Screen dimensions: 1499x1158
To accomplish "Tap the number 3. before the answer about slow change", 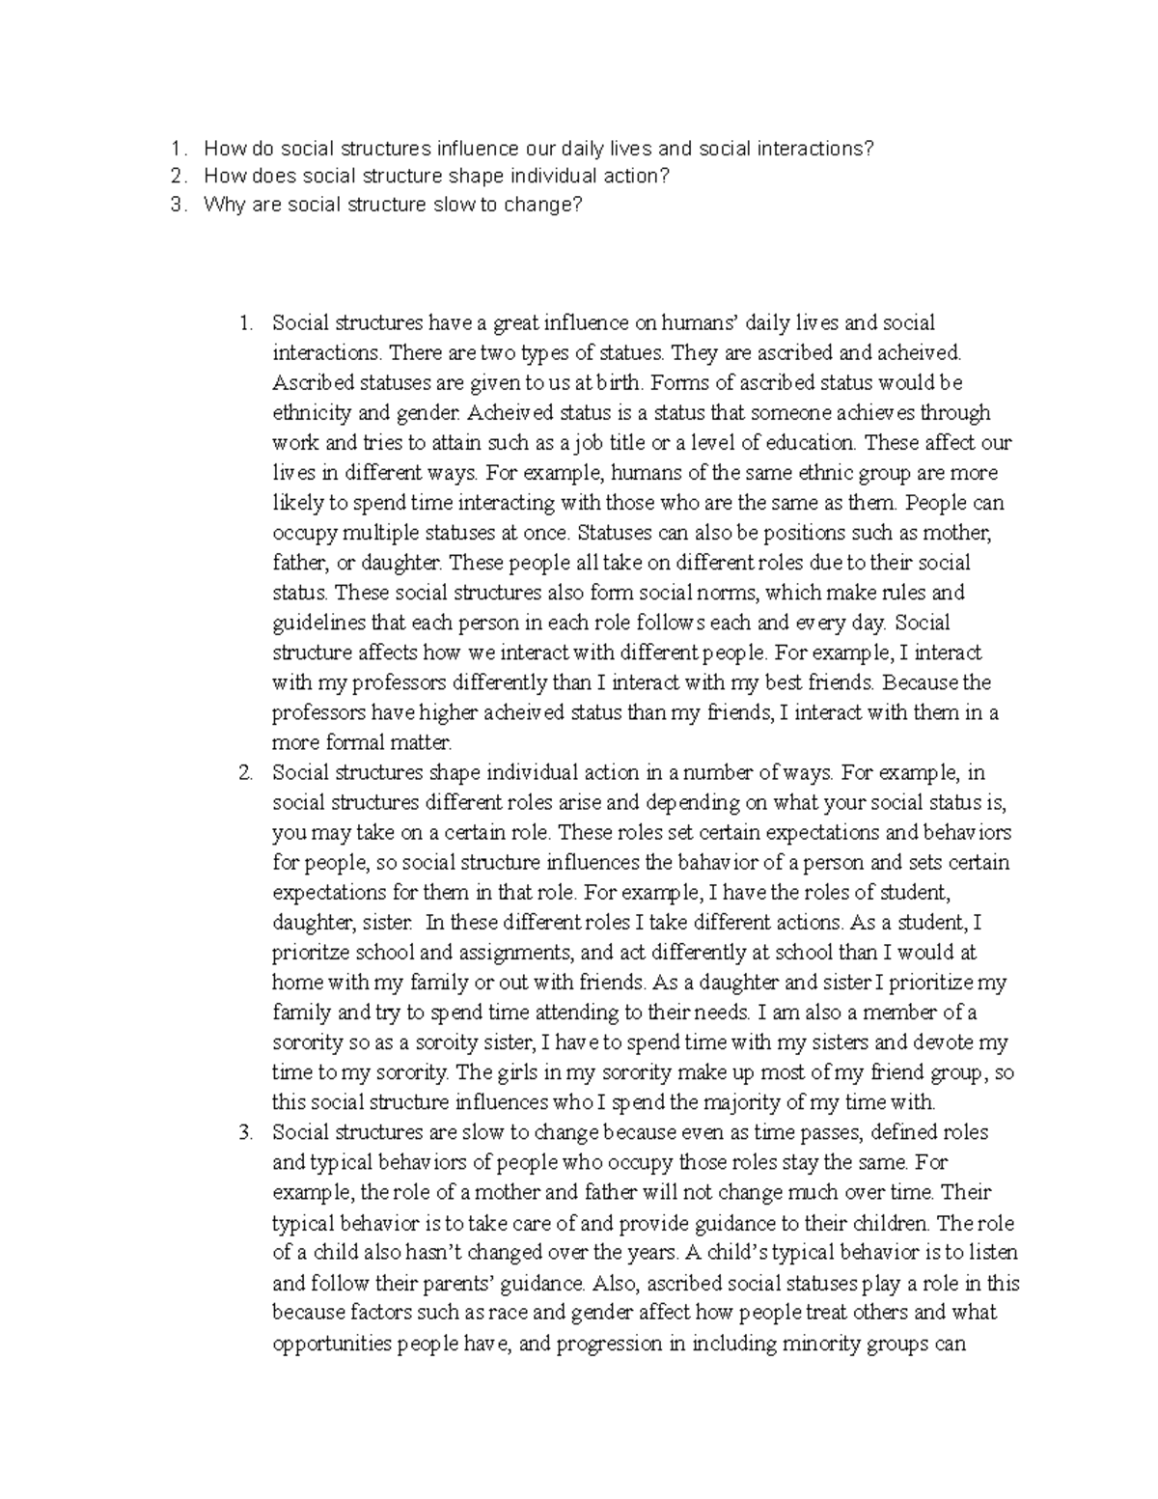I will pyautogui.click(x=245, y=1132).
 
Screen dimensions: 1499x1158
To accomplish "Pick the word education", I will pyautogui.click(x=808, y=443).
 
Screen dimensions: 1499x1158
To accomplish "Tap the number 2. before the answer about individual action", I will pyautogui.click(x=245, y=773).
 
